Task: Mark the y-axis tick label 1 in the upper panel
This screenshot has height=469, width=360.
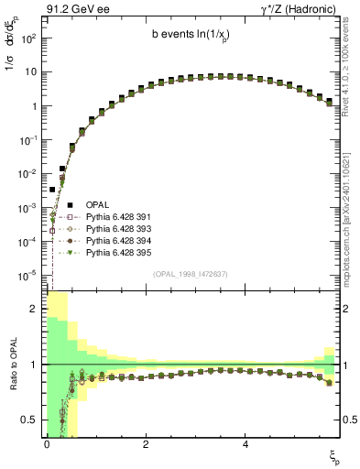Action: [33, 106]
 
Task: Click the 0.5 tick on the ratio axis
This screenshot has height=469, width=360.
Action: [30, 420]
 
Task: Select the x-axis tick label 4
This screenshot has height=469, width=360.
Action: [245, 445]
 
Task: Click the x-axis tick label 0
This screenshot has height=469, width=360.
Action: [47, 445]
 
